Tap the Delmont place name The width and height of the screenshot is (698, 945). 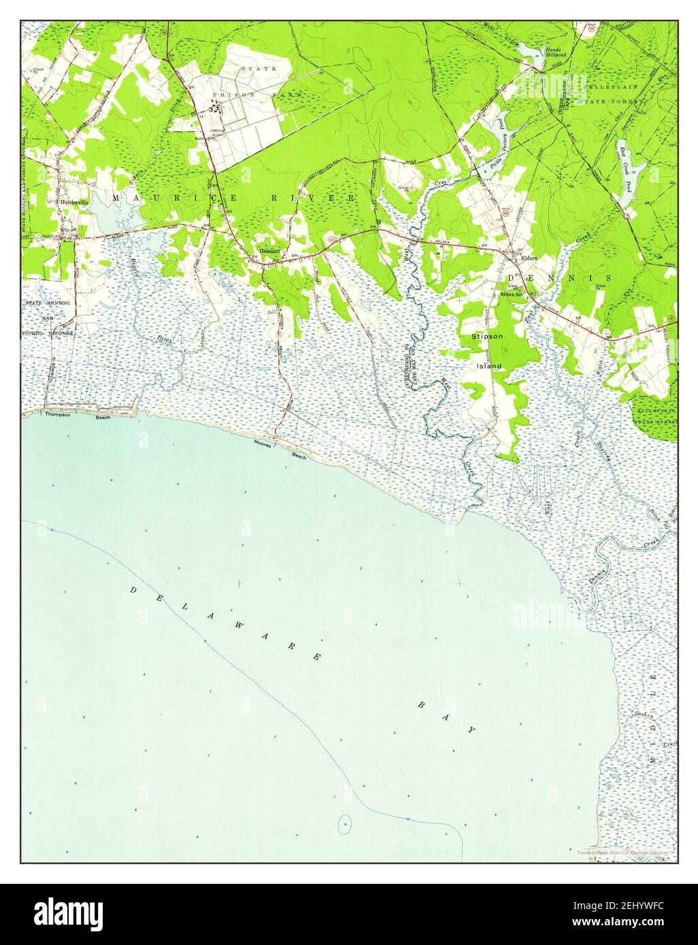[270, 250]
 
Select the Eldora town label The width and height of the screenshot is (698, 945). [529, 258]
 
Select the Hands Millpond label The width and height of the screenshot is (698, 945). [552, 53]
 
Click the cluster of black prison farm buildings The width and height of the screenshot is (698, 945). [216, 107]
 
